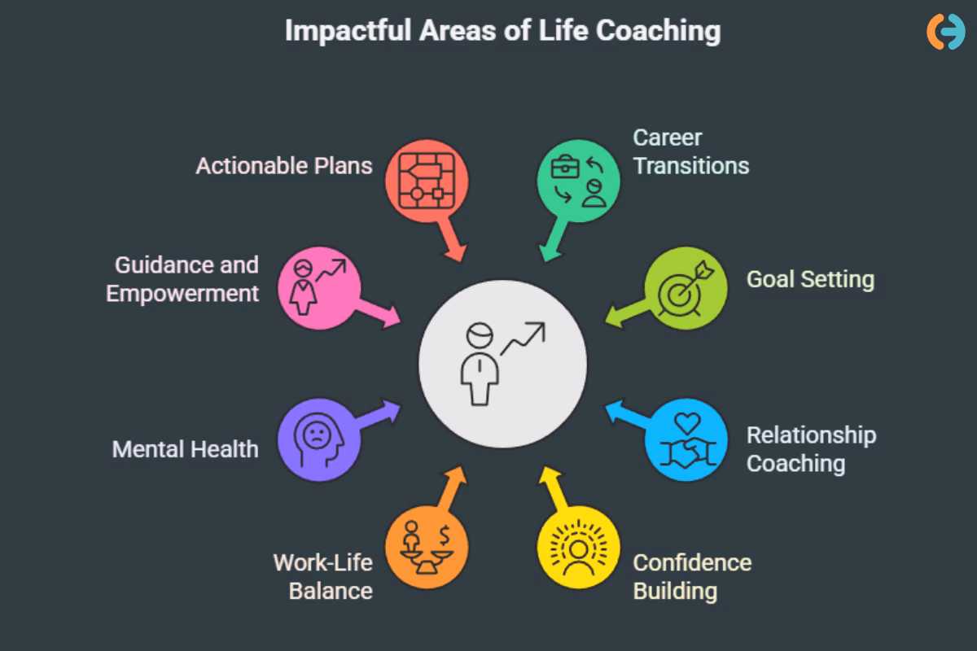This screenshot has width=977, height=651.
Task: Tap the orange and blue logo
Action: pos(945,31)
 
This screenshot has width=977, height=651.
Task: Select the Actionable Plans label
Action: pos(283,165)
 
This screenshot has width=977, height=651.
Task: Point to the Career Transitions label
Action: pos(690,151)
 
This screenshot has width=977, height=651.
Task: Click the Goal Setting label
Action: pos(810,279)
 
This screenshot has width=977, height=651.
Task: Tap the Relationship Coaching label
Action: pos(811,449)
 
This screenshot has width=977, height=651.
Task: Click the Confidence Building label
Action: pos(692,576)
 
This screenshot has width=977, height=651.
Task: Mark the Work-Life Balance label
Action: pos(322,576)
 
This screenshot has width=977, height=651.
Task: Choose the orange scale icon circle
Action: pos(426,548)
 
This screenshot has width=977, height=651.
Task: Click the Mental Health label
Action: pos(185,448)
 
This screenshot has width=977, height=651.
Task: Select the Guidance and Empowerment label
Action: pos(182,278)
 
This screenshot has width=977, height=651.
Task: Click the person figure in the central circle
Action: pos(479,365)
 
